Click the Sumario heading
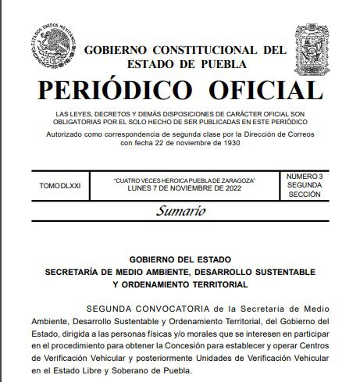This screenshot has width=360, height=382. pyautogui.click(x=180, y=211)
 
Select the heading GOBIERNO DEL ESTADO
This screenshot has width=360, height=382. pyautogui.click(x=180, y=259)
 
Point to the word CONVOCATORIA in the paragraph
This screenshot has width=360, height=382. pyautogui.click(x=183, y=308)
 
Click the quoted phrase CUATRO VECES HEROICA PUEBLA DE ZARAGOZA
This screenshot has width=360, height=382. pyautogui.click(x=184, y=180)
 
